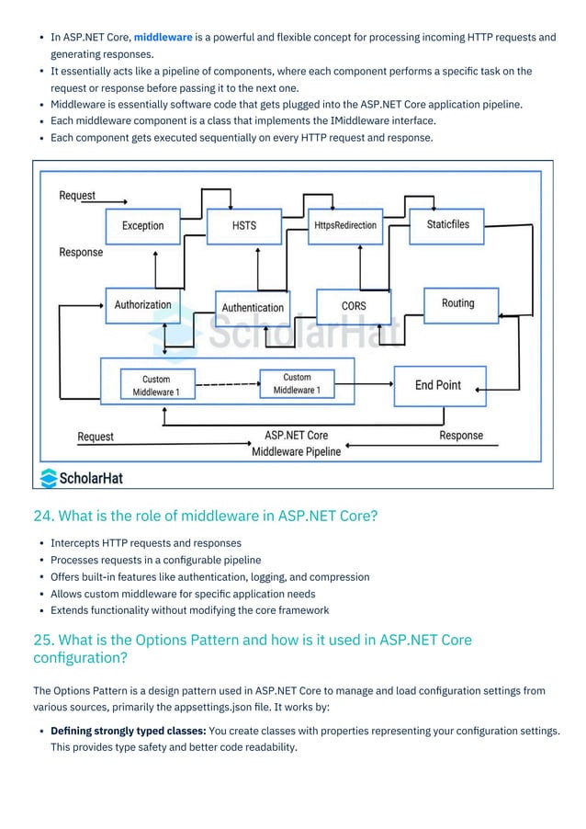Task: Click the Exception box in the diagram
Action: click(x=142, y=226)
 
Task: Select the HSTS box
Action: click(x=243, y=225)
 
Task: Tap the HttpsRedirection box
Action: click(x=344, y=225)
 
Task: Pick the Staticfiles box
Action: click(x=448, y=224)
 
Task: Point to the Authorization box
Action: click(x=142, y=304)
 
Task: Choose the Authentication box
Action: click(x=253, y=308)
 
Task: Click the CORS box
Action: click(x=354, y=306)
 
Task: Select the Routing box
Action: click(x=457, y=303)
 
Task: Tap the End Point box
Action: click(x=438, y=385)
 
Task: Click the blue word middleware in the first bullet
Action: click(x=163, y=38)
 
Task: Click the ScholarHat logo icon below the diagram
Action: click(x=48, y=477)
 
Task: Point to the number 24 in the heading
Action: click(x=41, y=516)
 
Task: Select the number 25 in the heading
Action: click(x=41, y=640)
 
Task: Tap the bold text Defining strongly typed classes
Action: click(x=129, y=731)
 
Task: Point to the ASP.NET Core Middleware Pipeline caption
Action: click(x=296, y=443)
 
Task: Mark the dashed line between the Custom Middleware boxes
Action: click(x=227, y=383)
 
